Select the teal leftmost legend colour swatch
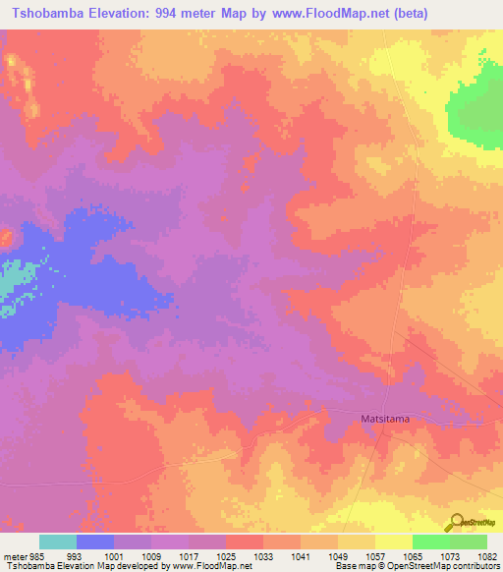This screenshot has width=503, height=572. (58, 542)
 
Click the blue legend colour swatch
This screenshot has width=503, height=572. (95, 542)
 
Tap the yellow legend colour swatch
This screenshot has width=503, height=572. (394, 542)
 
